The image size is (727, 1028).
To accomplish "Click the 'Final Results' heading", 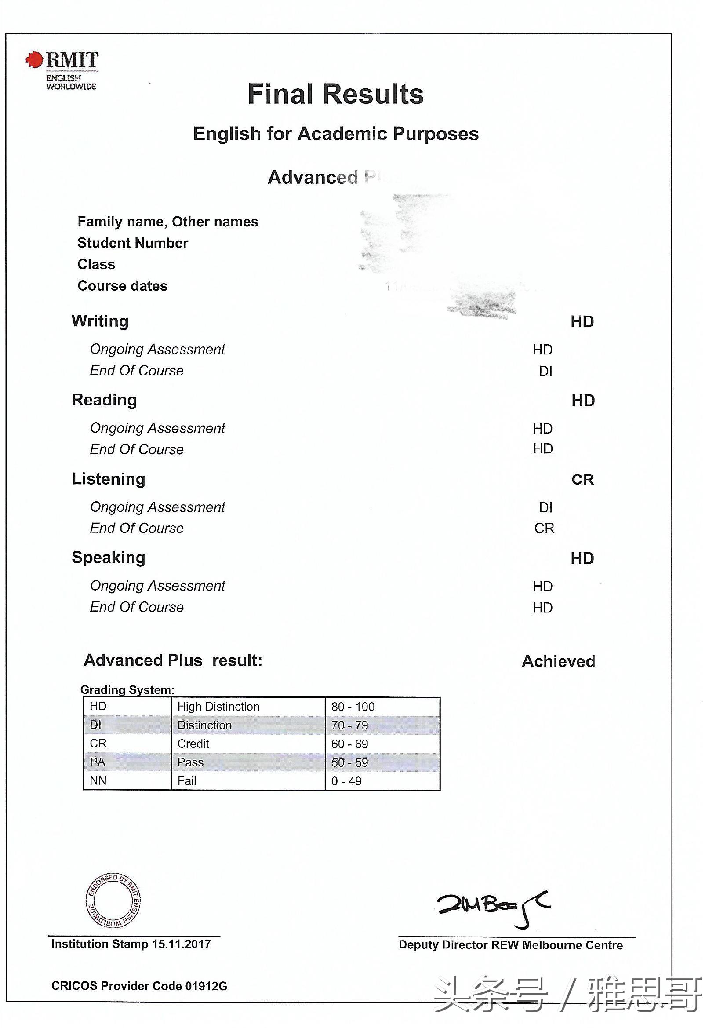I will [x=335, y=94].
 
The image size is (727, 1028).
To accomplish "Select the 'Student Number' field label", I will [x=132, y=243].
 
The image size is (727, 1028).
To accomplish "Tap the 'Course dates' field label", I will [x=122, y=286].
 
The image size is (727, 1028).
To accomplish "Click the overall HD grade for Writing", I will [x=582, y=322].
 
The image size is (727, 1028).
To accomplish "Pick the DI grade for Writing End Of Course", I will [x=545, y=371].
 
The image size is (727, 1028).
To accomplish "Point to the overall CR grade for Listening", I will [x=582, y=480].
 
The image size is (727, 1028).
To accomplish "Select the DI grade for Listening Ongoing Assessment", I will [x=545, y=507].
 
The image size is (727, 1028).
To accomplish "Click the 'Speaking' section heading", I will [x=108, y=558].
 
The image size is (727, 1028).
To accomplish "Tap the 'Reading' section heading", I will [x=104, y=400].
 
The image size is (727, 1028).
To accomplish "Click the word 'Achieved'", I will [x=558, y=661].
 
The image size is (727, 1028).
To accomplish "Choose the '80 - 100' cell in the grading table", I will [x=353, y=707].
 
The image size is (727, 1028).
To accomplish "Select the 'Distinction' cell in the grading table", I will [x=204, y=725].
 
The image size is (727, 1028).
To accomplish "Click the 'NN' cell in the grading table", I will [x=98, y=781].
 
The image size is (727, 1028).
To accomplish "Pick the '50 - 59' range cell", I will [x=349, y=762].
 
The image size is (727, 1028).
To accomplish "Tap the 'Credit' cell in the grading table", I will [x=193, y=744].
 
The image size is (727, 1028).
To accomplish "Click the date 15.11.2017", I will [x=181, y=944].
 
